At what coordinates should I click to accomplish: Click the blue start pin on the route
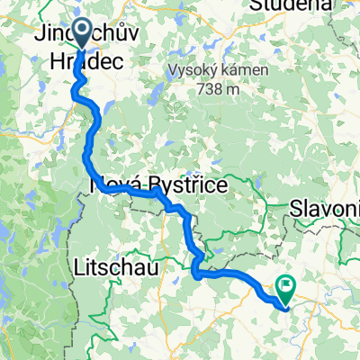click(81, 33)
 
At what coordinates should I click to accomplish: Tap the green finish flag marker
click(287, 288)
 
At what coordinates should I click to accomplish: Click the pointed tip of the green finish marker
click(286, 300)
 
